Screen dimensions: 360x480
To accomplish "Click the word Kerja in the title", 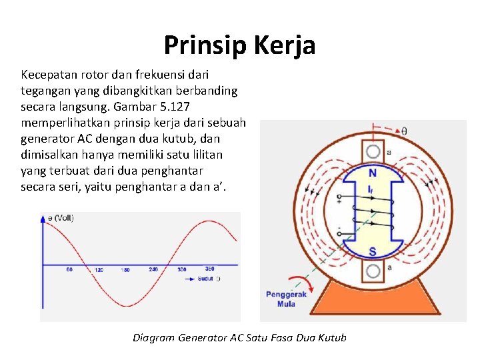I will (284, 45).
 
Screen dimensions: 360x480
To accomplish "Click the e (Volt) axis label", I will (61, 218).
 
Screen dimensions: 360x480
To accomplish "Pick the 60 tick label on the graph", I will (69, 270).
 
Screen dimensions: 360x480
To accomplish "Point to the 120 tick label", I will (99, 270).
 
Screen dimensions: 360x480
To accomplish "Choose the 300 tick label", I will (182, 270).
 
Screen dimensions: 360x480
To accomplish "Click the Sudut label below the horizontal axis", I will (205, 278).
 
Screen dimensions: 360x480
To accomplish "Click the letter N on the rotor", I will (372, 173).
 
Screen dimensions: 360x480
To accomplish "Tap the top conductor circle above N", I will (373, 152).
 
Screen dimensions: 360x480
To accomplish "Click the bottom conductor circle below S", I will (373, 271).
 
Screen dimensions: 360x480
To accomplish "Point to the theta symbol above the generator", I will (405, 131).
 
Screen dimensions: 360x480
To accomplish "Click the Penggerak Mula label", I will (286, 299).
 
